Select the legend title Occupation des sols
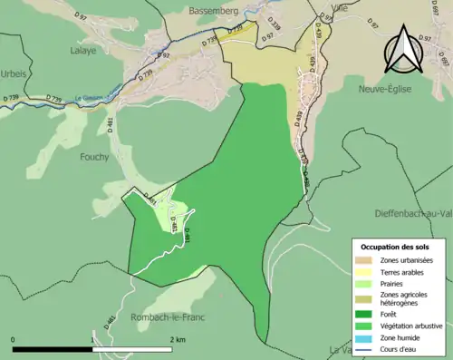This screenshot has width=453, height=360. (396, 247)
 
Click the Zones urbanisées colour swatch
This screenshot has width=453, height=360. (364, 260)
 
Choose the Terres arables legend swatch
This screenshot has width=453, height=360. (364, 272)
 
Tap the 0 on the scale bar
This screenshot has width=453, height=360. (13, 339)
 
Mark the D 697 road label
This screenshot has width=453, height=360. (443, 63)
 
